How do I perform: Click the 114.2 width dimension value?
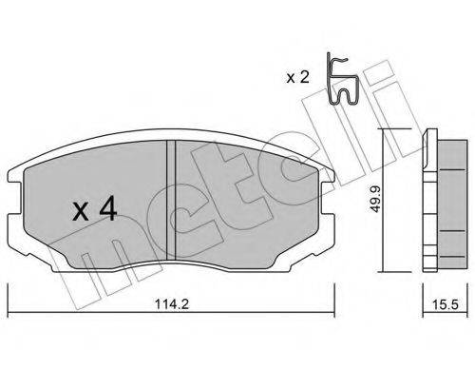(172, 304)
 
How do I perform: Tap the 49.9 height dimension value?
(375, 200)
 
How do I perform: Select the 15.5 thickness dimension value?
(446, 304)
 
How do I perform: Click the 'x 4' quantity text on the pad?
(95, 210)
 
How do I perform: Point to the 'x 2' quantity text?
(297, 77)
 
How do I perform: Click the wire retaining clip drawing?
(343, 79)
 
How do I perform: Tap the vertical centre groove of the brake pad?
(171, 200)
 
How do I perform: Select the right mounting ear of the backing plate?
(328, 198)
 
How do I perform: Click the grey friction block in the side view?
(452, 205)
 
